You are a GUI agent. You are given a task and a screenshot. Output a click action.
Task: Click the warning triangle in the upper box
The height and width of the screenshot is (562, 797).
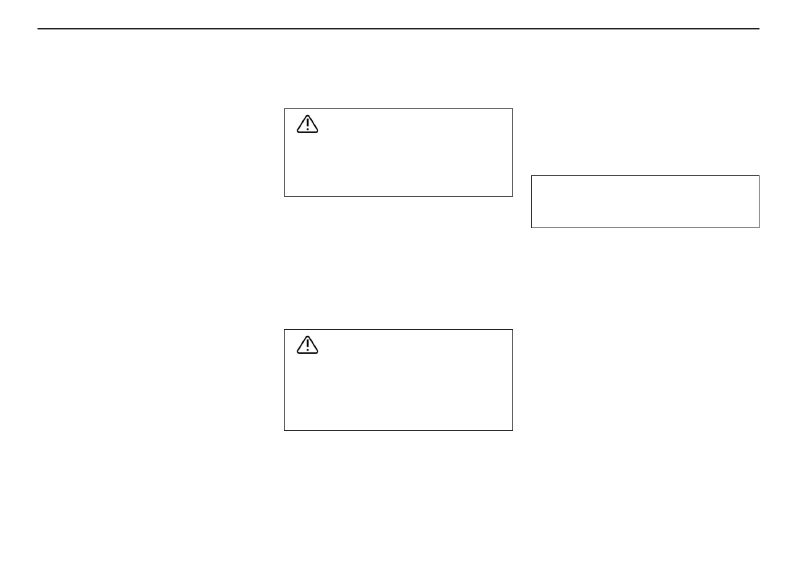tap(307, 124)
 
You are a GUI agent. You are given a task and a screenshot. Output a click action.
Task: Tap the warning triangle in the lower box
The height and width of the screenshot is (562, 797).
tap(307, 345)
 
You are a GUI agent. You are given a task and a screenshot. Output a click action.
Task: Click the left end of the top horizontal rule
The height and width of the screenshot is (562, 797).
tap(38, 29)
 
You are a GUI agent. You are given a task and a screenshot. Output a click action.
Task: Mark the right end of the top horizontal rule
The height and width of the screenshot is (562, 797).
tap(759, 29)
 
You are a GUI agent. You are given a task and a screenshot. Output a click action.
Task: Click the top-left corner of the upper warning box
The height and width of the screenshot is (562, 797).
tap(285, 109)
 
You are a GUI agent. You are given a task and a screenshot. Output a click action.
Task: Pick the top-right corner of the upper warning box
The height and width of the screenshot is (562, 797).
tap(512, 109)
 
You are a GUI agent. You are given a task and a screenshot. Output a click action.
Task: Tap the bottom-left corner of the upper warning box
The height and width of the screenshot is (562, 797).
tap(285, 196)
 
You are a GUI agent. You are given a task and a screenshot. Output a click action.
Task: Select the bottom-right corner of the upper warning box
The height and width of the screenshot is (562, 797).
tap(512, 196)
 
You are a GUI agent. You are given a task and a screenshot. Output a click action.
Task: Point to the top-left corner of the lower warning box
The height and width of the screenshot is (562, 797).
tap(285, 329)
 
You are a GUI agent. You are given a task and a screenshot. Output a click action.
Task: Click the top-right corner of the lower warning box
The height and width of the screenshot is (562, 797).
tap(512, 329)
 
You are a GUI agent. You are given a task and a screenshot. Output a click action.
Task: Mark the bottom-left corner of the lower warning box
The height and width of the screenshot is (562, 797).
tap(285, 430)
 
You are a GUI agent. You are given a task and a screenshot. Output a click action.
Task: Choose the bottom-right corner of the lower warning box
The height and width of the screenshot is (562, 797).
tap(512, 430)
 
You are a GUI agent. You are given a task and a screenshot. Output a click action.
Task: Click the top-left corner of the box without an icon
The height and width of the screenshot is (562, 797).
tap(531, 176)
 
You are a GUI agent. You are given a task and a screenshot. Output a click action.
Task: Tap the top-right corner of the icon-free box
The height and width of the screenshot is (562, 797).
tap(759, 176)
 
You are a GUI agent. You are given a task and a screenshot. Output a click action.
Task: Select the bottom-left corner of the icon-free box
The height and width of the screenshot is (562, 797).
tap(531, 227)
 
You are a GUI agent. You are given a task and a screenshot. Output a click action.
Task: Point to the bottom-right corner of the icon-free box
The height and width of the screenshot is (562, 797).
tap(759, 227)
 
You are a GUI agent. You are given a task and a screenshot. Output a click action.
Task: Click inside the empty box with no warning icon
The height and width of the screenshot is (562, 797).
tap(645, 202)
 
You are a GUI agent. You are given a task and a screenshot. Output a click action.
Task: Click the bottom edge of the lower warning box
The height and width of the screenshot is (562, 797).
tap(398, 430)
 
